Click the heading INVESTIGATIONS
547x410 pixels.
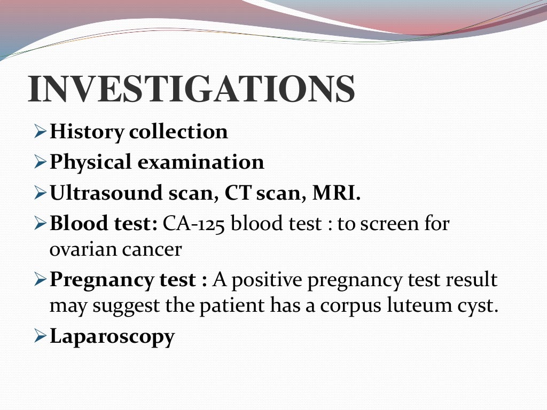click(x=191, y=89)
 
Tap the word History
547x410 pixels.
click(x=87, y=132)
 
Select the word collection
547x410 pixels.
click(x=178, y=131)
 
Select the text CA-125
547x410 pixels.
click(x=194, y=224)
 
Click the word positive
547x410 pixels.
click(x=265, y=280)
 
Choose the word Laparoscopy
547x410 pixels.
click(x=112, y=337)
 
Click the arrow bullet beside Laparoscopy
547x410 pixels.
click(x=41, y=336)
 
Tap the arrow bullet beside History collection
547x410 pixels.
click(x=41, y=131)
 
